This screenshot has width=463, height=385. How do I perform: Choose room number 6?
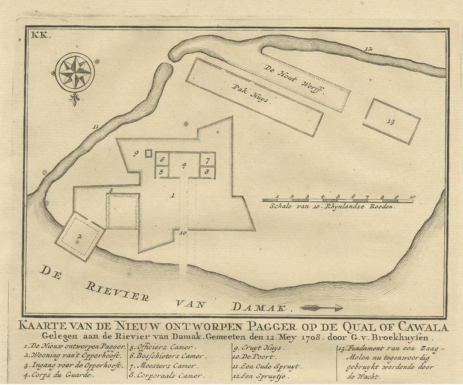pos(162,159)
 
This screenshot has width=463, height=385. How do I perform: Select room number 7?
pos(206,160)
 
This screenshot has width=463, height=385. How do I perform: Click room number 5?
pos(162,172)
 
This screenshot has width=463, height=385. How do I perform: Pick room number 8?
pos(206,172)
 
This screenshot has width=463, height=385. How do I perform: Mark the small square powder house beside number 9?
pos(148,154)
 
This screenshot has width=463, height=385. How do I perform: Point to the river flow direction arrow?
pos(321,307)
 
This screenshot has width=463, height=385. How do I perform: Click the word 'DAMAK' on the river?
pos(262,307)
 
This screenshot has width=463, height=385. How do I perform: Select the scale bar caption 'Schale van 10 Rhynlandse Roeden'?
pos(331,206)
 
